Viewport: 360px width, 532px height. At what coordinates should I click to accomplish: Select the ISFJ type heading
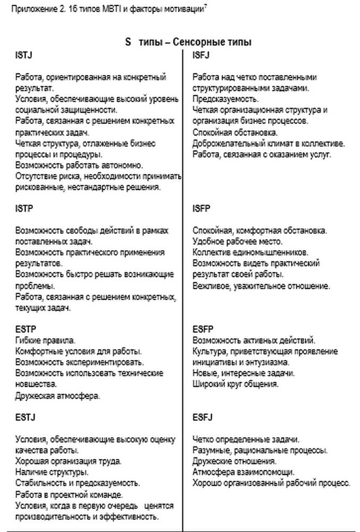(x=202, y=55)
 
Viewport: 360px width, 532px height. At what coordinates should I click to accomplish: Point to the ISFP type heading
(x=202, y=209)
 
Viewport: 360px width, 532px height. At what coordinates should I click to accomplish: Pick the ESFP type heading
(x=203, y=329)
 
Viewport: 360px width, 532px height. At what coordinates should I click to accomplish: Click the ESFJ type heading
(x=203, y=418)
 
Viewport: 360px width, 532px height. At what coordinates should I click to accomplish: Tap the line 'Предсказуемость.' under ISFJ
(x=225, y=99)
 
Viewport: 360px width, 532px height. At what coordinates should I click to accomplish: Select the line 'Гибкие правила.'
(x=46, y=340)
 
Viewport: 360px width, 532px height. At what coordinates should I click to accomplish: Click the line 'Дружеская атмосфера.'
(x=58, y=396)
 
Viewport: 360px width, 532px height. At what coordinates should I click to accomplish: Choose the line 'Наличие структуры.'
(x=52, y=472)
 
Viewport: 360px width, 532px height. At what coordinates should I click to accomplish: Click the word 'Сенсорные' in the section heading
(x=199, y=42)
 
